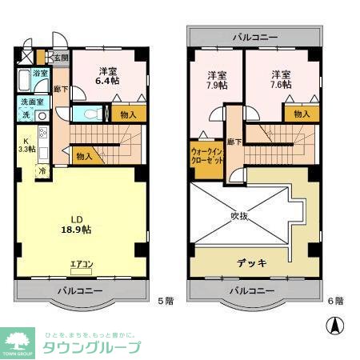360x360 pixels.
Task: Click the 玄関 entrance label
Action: [x=62, y=58]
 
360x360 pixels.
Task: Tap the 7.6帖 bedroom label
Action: [x=280, y=79]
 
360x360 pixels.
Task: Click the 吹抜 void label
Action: [x=243, y=215]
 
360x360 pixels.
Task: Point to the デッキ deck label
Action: [x=251, y=262]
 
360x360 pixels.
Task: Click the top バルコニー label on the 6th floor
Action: [x=255, y=37]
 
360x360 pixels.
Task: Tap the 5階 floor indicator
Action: [x=164, y=300]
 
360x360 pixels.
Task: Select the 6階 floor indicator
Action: [x=334, y=300]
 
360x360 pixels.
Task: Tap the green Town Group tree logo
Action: [x=18, y=339]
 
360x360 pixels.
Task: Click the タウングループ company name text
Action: [x=91, y=347]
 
